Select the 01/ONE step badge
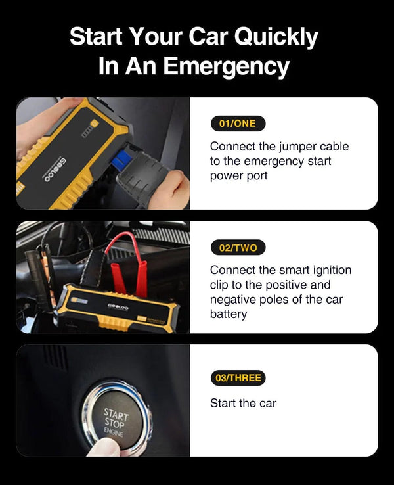[238, 124]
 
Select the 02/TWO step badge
[238, 248]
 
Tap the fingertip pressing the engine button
[106, 448]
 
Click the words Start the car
[243, 403]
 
